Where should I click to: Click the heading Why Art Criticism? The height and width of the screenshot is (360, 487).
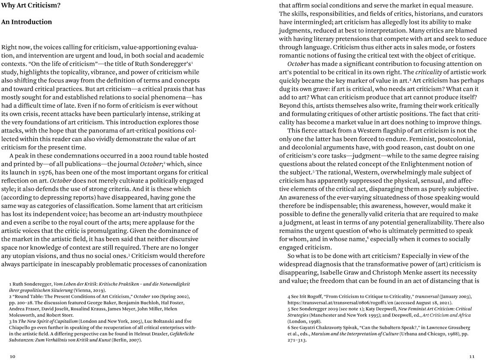click(x=30, y=6)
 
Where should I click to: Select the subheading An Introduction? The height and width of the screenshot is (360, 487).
click(x=26, y=22)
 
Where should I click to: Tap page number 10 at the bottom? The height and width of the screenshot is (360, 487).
click(x=13, y=356)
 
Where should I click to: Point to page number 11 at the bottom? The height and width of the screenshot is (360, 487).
click(x=473, y=356)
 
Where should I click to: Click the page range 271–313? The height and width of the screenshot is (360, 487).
click(x=297, y=340)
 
